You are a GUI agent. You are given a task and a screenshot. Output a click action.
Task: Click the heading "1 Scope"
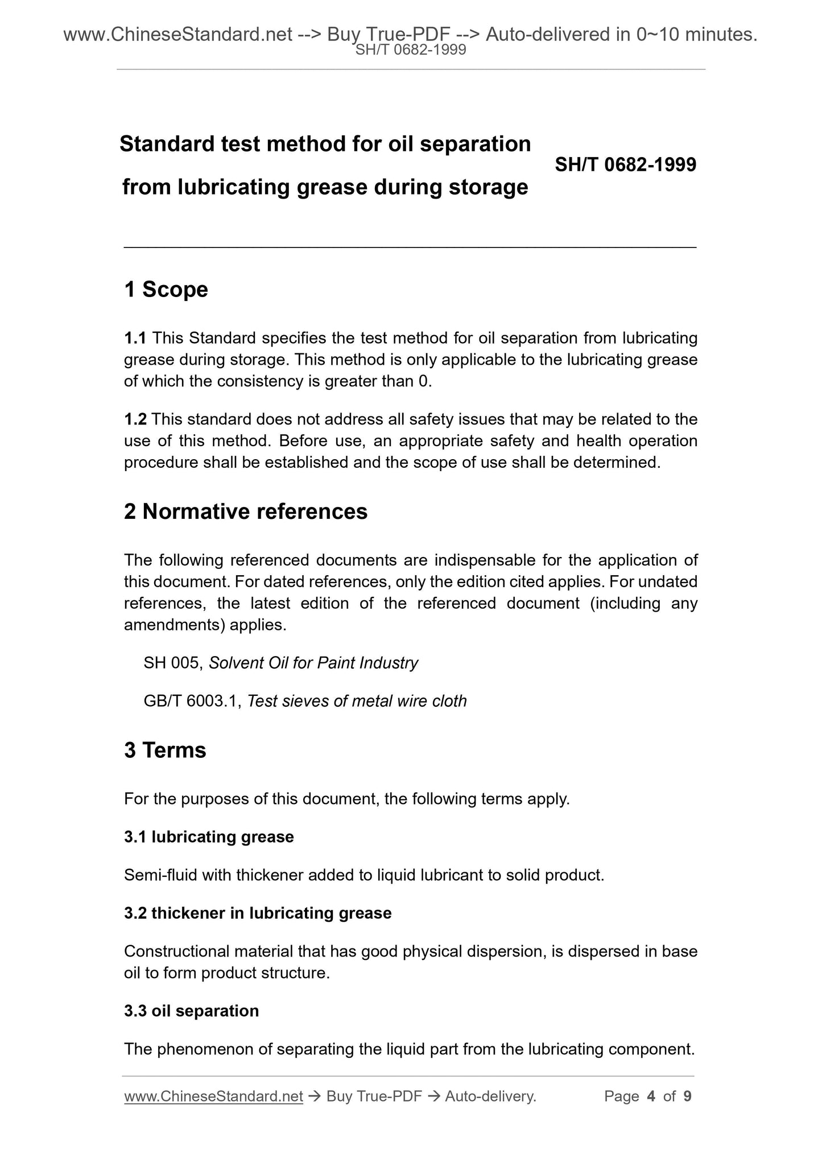166,290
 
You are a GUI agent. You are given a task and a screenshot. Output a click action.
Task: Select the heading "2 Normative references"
245,512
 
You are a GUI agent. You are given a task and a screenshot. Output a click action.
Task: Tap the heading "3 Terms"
165,750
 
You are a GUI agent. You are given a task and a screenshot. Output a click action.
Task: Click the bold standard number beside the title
625,165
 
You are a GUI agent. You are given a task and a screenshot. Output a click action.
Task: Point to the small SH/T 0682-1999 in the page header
411,50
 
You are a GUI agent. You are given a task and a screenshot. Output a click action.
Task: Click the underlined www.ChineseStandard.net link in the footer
213,1096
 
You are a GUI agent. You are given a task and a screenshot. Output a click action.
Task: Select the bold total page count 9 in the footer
687,1096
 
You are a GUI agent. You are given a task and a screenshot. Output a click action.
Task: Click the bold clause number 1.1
135,338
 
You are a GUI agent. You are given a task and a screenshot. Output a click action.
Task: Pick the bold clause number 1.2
135,419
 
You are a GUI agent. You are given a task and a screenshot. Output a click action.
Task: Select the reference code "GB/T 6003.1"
193,701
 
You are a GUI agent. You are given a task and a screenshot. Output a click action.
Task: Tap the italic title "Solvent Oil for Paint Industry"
313,663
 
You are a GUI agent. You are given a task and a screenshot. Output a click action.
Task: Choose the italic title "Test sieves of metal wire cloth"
357,701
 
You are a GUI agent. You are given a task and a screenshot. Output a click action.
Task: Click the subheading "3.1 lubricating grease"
209,837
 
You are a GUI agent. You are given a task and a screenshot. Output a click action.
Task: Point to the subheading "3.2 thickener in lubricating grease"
258,913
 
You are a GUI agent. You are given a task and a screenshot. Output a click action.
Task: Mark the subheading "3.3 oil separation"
191,1011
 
